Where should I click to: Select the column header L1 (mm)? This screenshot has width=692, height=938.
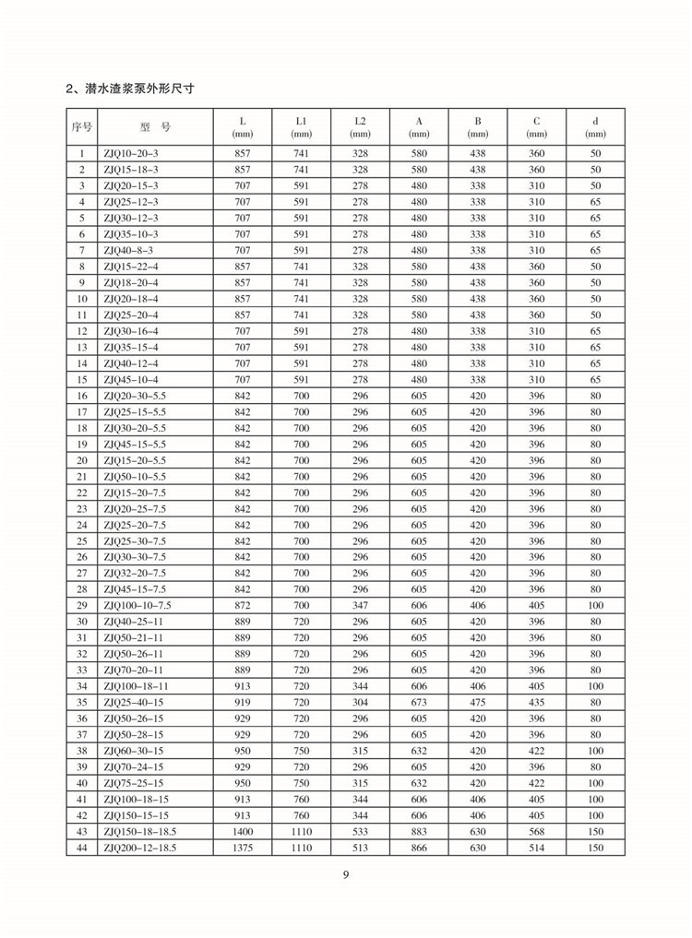(301, 127)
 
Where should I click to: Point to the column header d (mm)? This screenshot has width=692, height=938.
(595, 127)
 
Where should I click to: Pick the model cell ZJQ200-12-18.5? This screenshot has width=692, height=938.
(139, 847)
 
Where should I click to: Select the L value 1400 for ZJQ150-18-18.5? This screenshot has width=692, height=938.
(243, 831)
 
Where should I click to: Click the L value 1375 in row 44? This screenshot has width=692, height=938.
(243, 847)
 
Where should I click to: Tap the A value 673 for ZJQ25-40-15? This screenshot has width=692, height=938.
(419, 702)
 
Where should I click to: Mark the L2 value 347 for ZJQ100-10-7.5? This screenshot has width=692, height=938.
(360, 605)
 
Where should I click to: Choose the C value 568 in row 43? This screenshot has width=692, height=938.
(536, 831)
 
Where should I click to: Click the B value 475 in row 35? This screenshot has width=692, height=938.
(478, 702)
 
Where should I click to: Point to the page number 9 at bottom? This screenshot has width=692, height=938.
(346, 875)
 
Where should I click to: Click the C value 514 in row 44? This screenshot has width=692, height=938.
(536, 847)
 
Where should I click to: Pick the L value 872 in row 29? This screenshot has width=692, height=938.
(243, 605)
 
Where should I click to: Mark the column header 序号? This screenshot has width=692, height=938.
(82, 127)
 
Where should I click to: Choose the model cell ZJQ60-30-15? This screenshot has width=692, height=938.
(133, 751)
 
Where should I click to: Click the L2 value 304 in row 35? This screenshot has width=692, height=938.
(360, 702)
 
